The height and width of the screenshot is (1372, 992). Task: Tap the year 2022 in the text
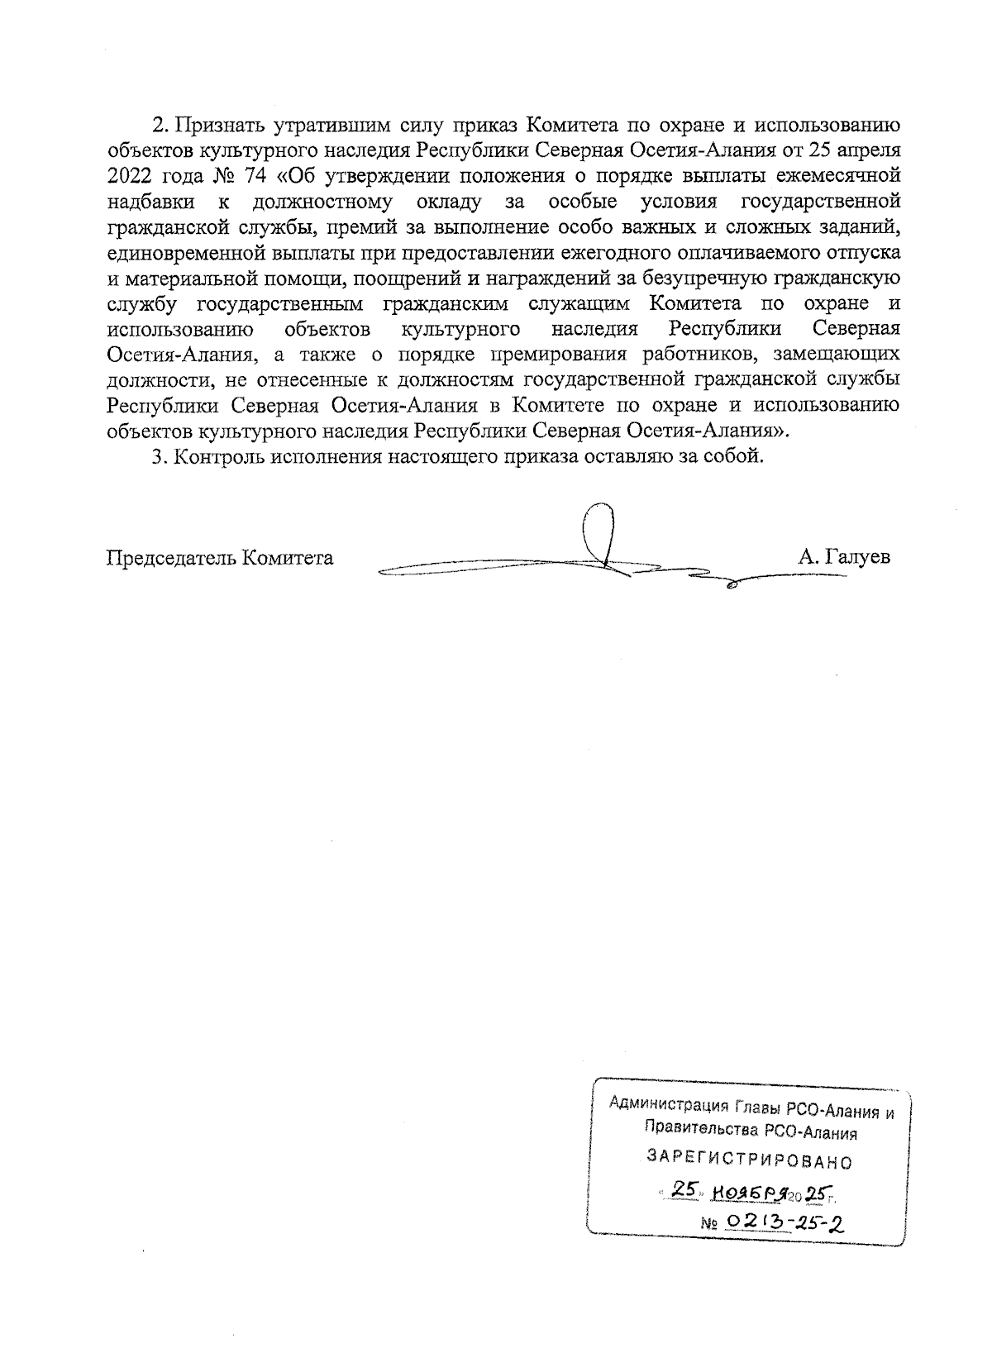tap(133, 176)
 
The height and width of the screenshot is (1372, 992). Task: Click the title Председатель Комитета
tap(220, 558)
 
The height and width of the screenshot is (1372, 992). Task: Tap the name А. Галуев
tap(844, 558)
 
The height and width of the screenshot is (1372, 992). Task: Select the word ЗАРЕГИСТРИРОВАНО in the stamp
tap(749, 1161)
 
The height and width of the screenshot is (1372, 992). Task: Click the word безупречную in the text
tap(707, 278)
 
